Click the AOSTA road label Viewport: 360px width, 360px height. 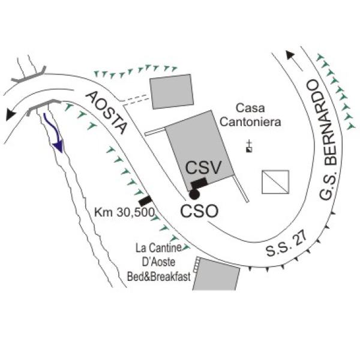coord(106,112)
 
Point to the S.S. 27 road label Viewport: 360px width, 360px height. coord(286,245)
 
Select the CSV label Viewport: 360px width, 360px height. coord(203,167)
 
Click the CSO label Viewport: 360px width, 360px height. coord(199,211)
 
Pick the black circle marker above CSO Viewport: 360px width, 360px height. coord(194,194)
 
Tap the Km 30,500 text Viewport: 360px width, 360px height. coord(124,212)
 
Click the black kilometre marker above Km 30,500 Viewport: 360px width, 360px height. coord(145,201)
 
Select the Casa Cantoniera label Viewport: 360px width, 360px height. coord(250,115)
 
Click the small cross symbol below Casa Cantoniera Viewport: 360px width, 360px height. coord(249,146)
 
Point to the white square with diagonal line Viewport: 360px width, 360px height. coord(275,182)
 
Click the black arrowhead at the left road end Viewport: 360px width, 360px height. coord(11,114)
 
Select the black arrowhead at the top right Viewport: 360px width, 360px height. coord(290,55)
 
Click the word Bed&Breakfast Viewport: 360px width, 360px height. coord(159,277)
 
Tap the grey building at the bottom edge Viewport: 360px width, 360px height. coord(216,274)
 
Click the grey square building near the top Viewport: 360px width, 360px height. coord(172,91)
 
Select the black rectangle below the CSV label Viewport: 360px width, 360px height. coord(199,183)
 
